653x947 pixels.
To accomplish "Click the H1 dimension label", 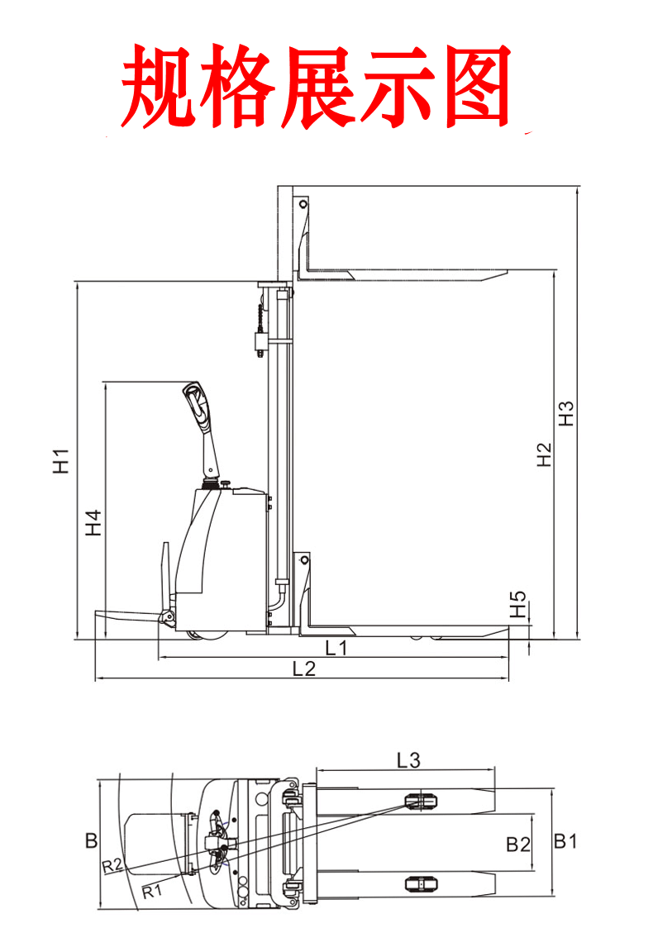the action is [62, 461].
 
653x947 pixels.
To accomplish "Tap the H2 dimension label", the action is [544, 454].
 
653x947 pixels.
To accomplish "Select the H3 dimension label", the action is [566, 414].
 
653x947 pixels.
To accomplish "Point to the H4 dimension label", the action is [93, 523].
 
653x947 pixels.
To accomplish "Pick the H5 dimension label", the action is [518, 605].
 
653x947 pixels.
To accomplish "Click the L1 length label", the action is [336, 648].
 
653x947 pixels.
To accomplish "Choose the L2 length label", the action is [304, 669].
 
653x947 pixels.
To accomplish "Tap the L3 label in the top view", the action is [408, 760].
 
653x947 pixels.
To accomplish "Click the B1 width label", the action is [565, 840].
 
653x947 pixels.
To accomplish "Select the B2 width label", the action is [518, 845].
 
